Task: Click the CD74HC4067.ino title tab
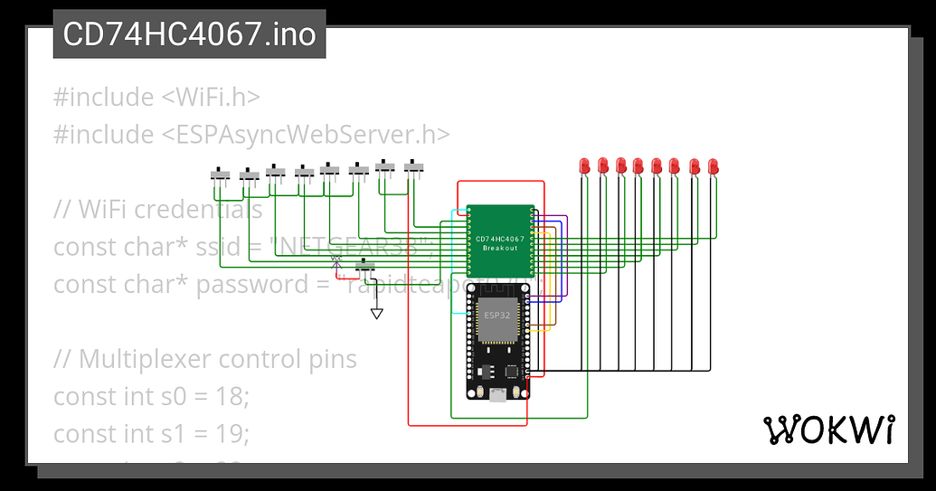coord(189,34)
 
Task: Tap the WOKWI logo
coord(829,430)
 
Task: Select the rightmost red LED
coord(714,166)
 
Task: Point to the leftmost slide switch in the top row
coord(222,174)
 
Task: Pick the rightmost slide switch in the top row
coord(415,166)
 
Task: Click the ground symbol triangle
coord(377,314)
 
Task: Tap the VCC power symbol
coord(336,260)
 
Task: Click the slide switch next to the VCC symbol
coord(366,268)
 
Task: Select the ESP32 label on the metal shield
coord(496,316)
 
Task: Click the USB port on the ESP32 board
coord(496,393)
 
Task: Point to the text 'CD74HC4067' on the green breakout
coord(499,239)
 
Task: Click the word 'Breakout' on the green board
coord(499,248)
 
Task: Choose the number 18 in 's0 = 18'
coord(231,397)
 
